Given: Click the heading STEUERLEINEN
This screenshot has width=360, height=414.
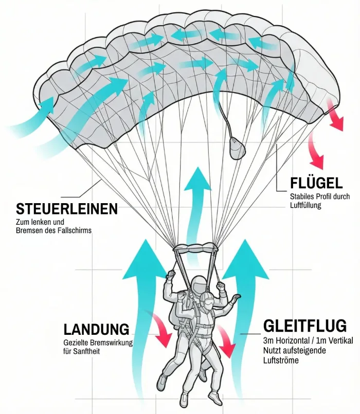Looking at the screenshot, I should pyautogui.click(x=67, y=209).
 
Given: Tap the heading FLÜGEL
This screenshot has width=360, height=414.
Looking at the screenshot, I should pyautogui.click(x=316, y=183).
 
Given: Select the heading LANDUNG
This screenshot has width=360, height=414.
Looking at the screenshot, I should pyautogui.click(x=96, y=329).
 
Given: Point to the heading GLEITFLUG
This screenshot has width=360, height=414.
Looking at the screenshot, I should pyautogui.click(x=305, y=326).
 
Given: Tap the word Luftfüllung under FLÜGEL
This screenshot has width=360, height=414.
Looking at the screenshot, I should pyautogui.click(x=305, y=205).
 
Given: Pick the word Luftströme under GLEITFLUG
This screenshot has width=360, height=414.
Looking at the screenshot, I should pyautogui.click(x=281, y=361).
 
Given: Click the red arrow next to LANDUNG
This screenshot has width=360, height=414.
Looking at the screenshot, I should pyautogui.click(x=160, y=331).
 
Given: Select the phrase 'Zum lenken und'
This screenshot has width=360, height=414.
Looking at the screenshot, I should pyautogui.click(x=40, y=222).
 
